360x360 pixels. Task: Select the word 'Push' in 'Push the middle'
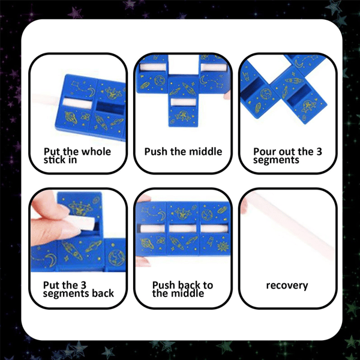(x=155, y=152)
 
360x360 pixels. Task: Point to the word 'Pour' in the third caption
(x=264, y=152)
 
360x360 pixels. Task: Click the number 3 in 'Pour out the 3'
(x=318, y=152)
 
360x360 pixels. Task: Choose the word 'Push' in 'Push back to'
(x=164, y=285)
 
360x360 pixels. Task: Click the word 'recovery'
(x=286, y=286)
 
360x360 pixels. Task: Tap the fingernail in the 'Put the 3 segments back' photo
(x=59, y=212)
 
